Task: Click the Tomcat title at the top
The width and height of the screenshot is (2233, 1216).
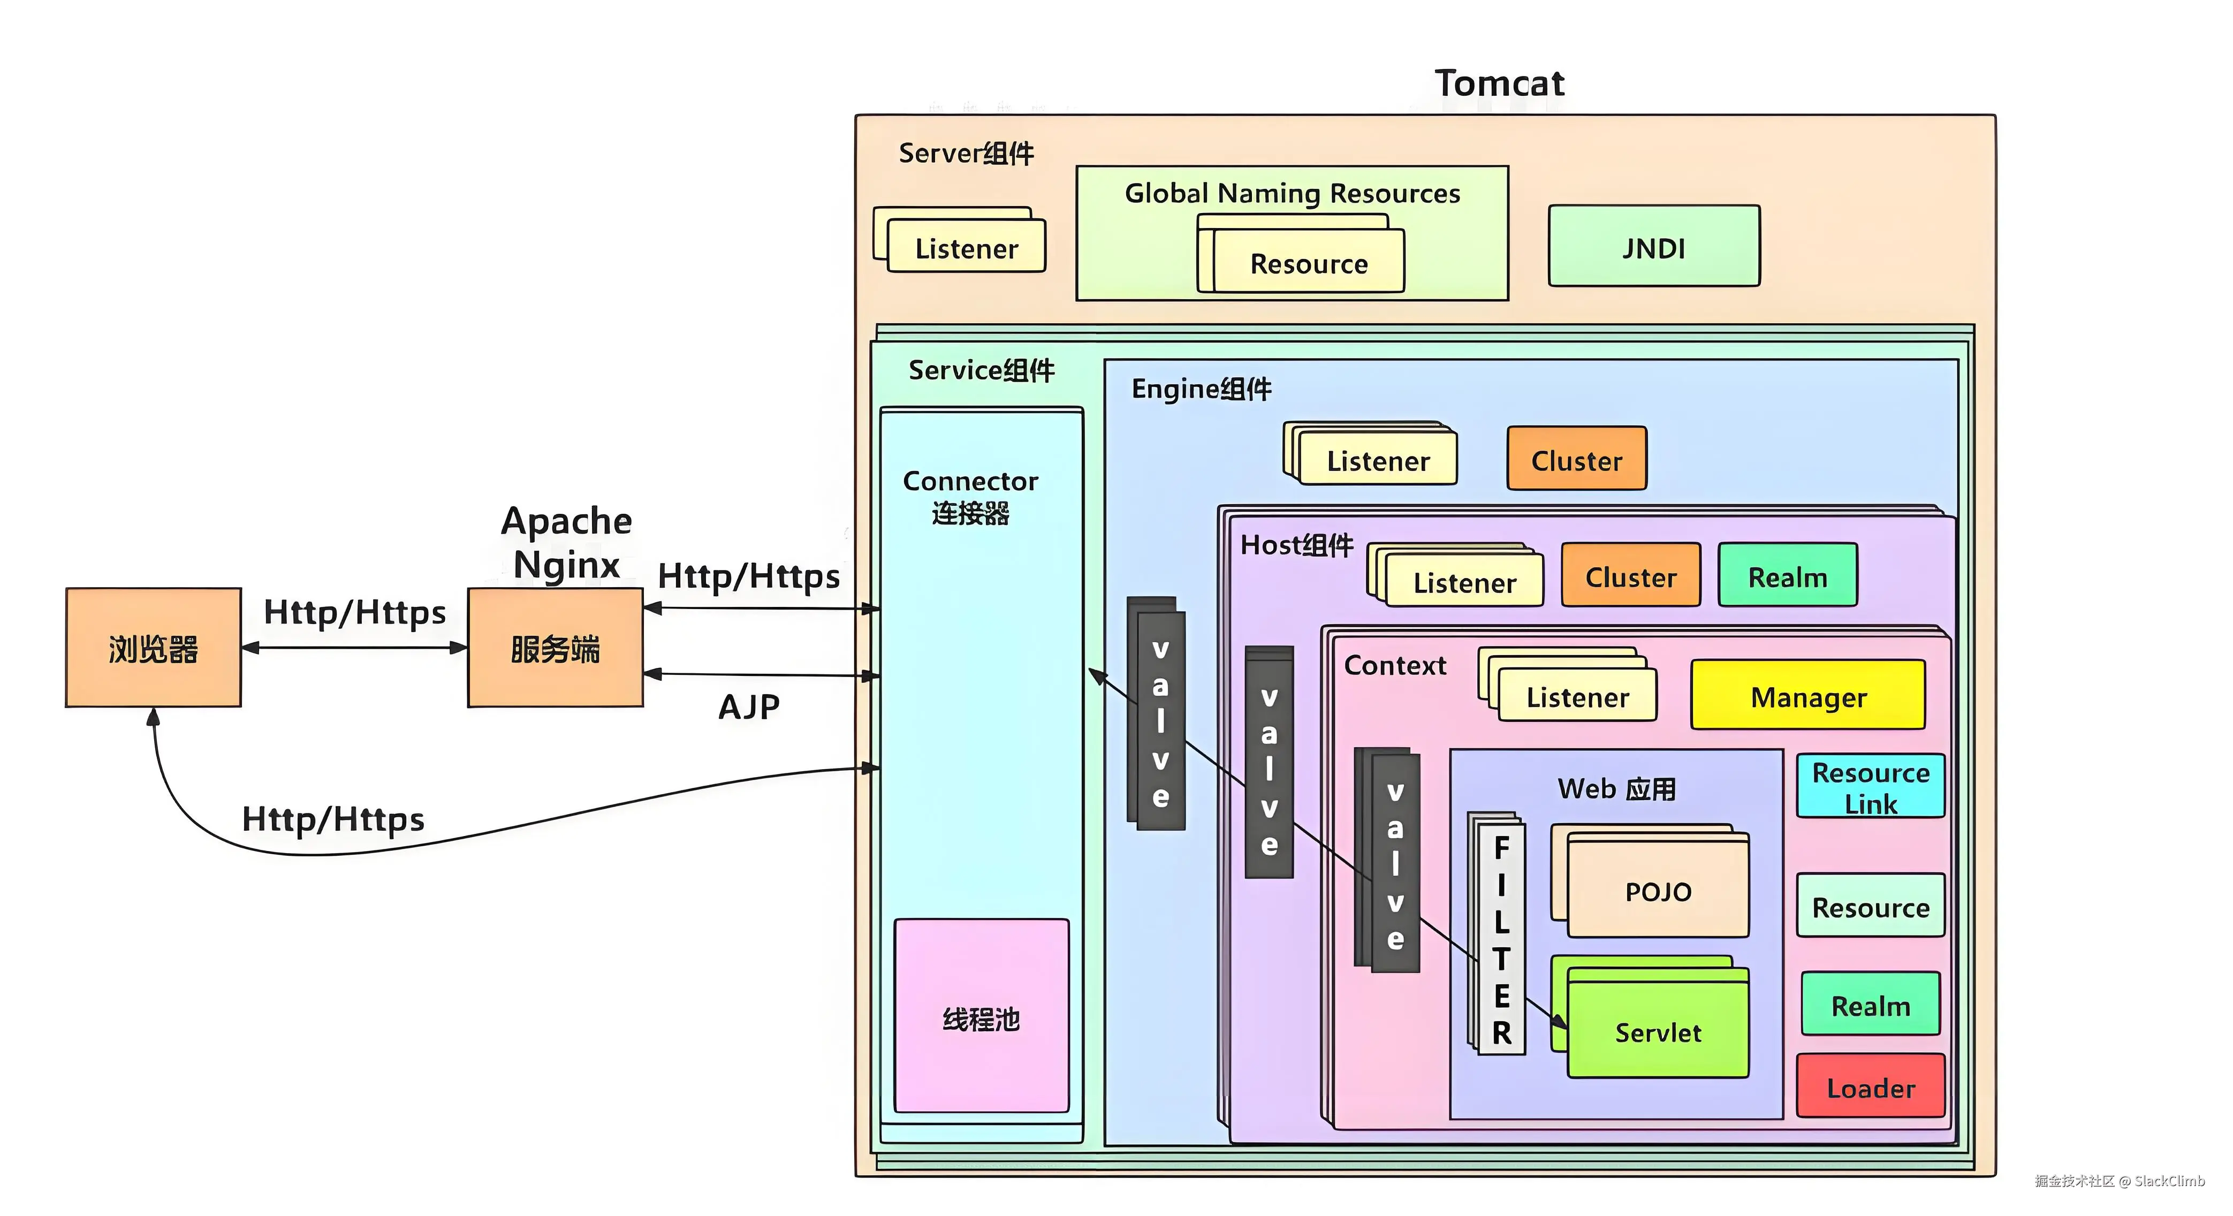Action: [1499, 83]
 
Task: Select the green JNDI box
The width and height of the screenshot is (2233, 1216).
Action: [1653, 247]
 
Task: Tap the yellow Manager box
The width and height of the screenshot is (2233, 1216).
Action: [1807, 696]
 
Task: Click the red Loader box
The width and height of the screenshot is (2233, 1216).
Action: [1870, 1087]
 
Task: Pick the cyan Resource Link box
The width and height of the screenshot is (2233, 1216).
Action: [1870, 787]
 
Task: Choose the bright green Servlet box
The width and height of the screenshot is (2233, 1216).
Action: [1658, 1031]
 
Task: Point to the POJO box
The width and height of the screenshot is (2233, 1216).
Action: [1658, 891]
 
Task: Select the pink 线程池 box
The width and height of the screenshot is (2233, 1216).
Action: [981, 1017]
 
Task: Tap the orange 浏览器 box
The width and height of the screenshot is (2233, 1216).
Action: [154, 648]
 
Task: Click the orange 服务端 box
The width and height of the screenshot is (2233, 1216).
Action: [555, 648]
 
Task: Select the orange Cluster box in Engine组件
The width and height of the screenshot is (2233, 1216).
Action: [1576, 459]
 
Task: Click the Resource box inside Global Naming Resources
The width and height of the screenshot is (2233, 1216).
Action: [1308, 263]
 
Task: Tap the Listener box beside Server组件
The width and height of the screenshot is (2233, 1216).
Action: [966, 248]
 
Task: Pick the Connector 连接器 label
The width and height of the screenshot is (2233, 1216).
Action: [970, 497]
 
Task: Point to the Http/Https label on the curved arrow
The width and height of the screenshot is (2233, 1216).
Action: [333, 819]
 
